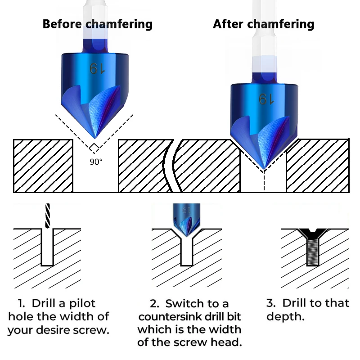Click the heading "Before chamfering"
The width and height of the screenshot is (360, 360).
pos(97,24)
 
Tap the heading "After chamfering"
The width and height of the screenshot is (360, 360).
pos(263,24)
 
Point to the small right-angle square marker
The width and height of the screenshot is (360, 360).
pos(94,147)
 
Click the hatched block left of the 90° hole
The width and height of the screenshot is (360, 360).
pos(43,166)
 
